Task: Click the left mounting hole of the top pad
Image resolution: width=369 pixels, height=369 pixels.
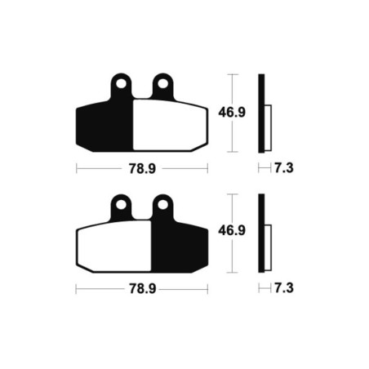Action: (x=121, y=84)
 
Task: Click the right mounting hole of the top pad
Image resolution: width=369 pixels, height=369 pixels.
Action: (x=162, y=84)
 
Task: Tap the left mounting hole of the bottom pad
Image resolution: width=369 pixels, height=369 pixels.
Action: (x=121, y=205)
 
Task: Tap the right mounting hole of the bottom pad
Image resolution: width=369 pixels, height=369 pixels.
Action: (x=162, y=205)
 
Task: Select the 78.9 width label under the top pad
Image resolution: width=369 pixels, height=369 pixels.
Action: (x=142, y=169)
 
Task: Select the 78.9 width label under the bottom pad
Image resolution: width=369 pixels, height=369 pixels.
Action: (x=142, y=289)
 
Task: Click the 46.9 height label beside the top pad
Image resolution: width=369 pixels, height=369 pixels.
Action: (x=232, y=113)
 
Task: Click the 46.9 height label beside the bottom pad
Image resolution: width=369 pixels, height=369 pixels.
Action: (x=232, y=230)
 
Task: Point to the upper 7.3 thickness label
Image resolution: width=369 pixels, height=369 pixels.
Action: (x=284, y=168)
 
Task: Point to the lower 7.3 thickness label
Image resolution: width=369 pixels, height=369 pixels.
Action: (x=284, y=288)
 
